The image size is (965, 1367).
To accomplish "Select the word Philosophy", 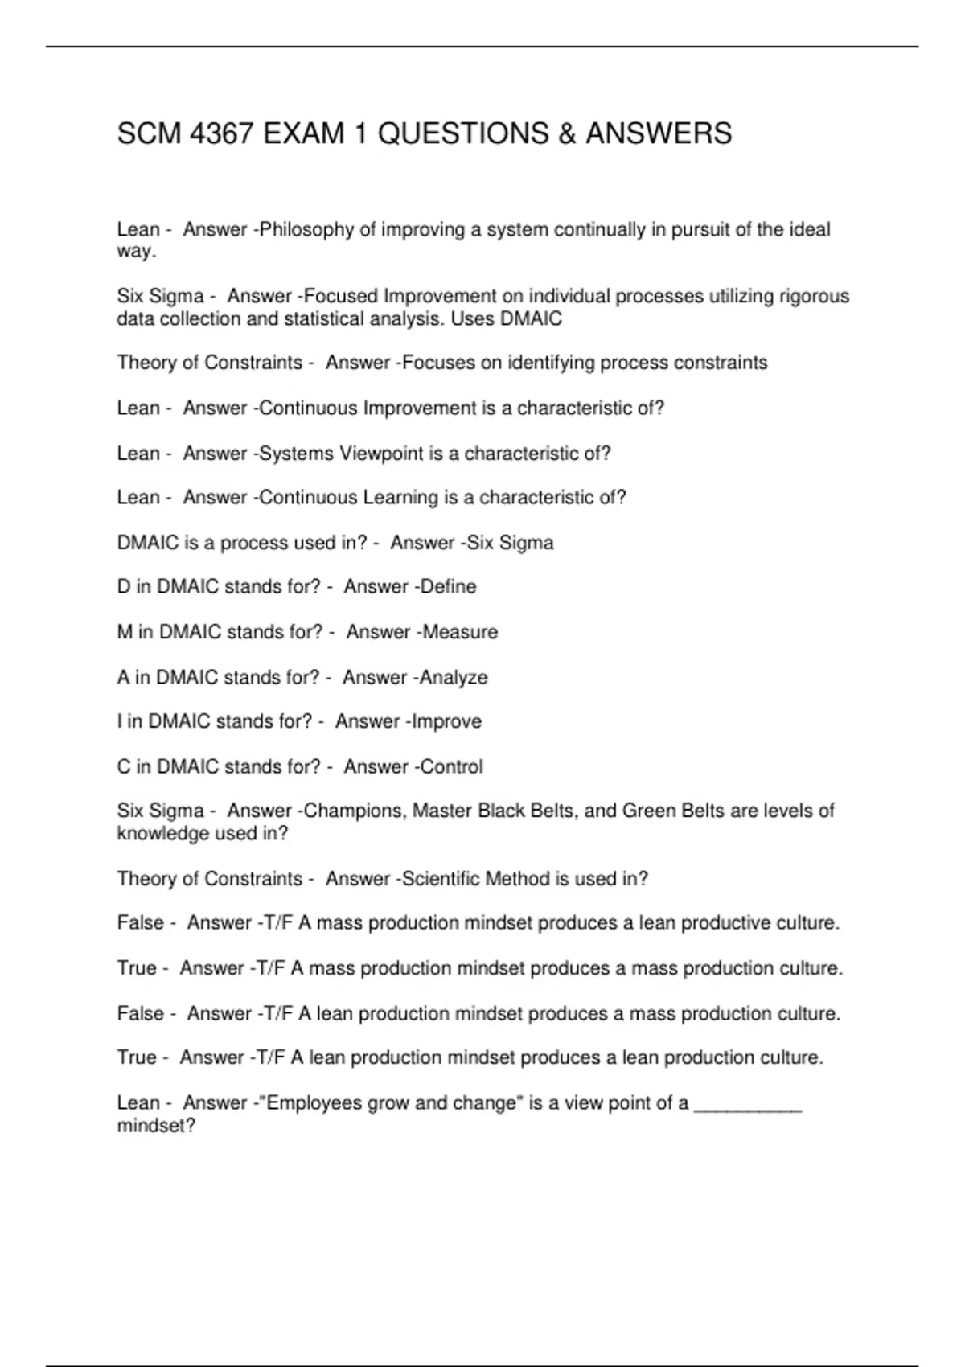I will point(306,230).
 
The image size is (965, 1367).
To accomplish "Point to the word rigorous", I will point(812,297).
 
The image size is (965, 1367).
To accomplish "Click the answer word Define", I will point(448,587).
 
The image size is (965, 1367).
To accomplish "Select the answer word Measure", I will point(460,632).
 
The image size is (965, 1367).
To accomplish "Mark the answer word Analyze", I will point(454,678).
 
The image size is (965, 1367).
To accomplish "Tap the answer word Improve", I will point(446,721).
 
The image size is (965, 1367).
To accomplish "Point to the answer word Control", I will point(451,766).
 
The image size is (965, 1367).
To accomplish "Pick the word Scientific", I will point(444,879).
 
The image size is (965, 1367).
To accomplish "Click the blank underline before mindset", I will point(748,1105).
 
